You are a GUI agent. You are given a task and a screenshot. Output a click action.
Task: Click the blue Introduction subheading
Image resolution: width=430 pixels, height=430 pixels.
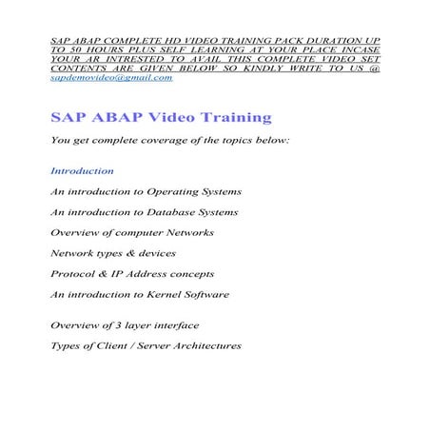(x=82, y=171)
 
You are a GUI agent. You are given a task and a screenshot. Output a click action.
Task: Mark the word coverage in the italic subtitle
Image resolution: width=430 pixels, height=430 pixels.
(x=151, y=140)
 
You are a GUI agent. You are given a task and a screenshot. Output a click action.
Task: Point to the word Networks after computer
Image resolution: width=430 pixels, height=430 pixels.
(x=188, y=232)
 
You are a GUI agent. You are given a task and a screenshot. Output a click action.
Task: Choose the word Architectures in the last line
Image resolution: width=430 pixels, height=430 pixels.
(x=202, y=345)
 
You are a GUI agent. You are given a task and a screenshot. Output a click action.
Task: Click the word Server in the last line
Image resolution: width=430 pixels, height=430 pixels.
(x=140, y=345)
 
